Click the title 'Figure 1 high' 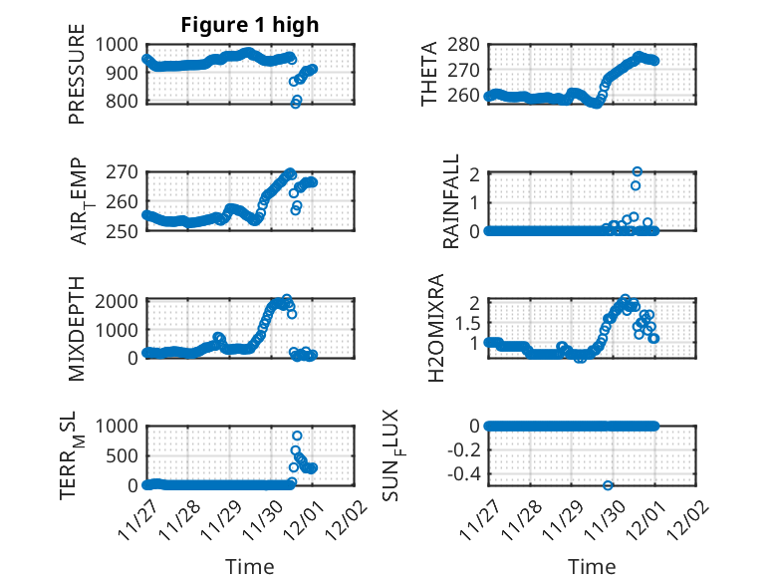pos(250,25)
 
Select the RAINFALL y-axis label pos(450,200)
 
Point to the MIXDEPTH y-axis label pos(78,328)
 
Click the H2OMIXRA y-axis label pos(435,328)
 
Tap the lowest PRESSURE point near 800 pos(295,104)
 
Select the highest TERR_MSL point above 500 pos(297,436)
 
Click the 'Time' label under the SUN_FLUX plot pos(592,566)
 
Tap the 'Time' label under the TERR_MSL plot pos(249,566)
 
